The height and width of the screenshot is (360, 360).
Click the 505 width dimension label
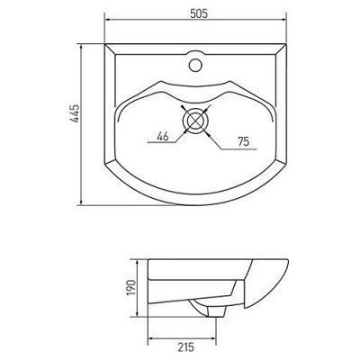(198, 13)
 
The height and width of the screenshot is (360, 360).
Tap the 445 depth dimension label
(74, 113)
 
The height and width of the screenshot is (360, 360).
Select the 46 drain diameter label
(163, 137)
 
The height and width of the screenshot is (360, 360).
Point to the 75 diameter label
(243, 141)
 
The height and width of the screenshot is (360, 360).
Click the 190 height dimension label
(130, 288)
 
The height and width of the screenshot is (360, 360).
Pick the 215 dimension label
(185, 347)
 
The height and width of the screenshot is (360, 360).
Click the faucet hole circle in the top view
(195, 65)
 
